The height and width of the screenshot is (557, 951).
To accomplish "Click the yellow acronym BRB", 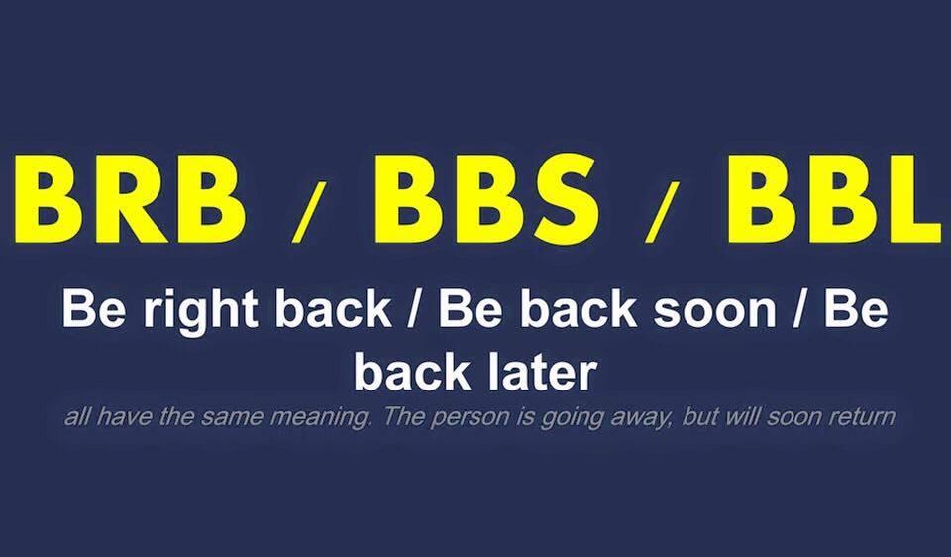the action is point(131,199).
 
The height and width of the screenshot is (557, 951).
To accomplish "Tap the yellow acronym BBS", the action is point(485,199).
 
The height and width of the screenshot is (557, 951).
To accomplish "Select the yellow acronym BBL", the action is point(835,199).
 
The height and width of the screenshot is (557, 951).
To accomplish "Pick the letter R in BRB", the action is point(129,199).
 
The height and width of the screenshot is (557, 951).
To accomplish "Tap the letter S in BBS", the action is point(562,199).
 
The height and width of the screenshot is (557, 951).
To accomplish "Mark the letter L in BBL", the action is point(907,199).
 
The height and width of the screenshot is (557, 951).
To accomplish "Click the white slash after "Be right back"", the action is point(414,310).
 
